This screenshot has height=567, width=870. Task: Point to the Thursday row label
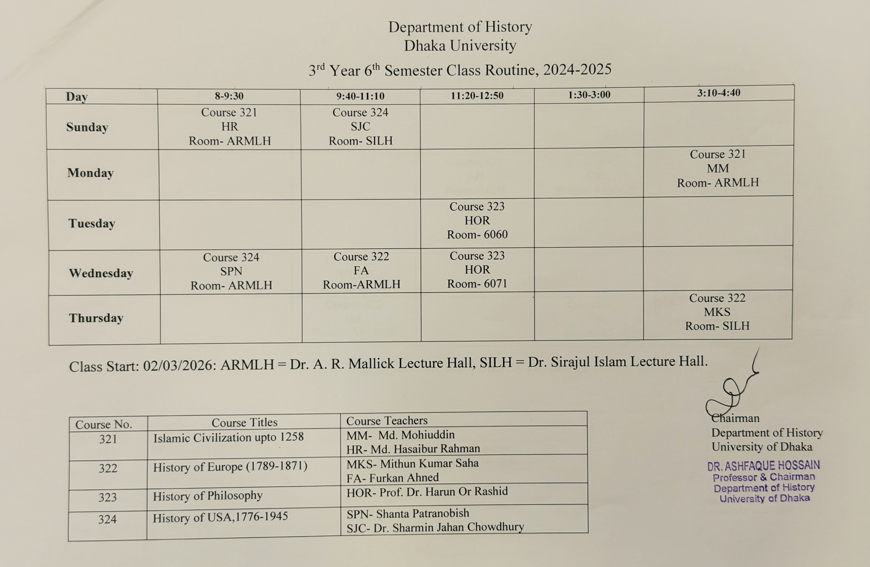click(96, 318)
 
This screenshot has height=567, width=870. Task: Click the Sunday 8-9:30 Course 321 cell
click(229, 127)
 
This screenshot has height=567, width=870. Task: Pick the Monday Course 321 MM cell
click(718, 168)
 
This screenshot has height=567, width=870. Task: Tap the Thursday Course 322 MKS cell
click(717, 312)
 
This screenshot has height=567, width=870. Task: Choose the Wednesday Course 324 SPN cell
click(231, 271)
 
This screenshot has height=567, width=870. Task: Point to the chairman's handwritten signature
click(731, 391)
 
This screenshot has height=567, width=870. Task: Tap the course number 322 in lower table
click(108, 468)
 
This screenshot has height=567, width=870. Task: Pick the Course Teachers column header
click(387, 421)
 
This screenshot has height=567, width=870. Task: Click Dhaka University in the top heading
click(460, 46)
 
